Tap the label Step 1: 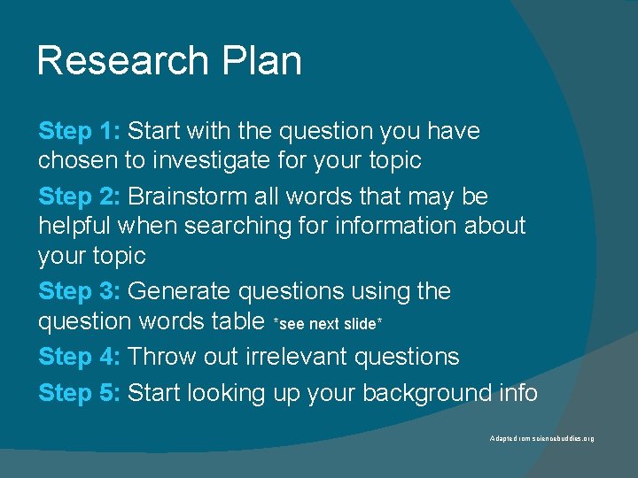tap(79, 131)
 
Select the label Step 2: tap(79, 196)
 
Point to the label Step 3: tap(79, 291)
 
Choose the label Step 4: tap(79, 357)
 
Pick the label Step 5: tap(79, 392)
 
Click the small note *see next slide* tap(328, 325)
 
